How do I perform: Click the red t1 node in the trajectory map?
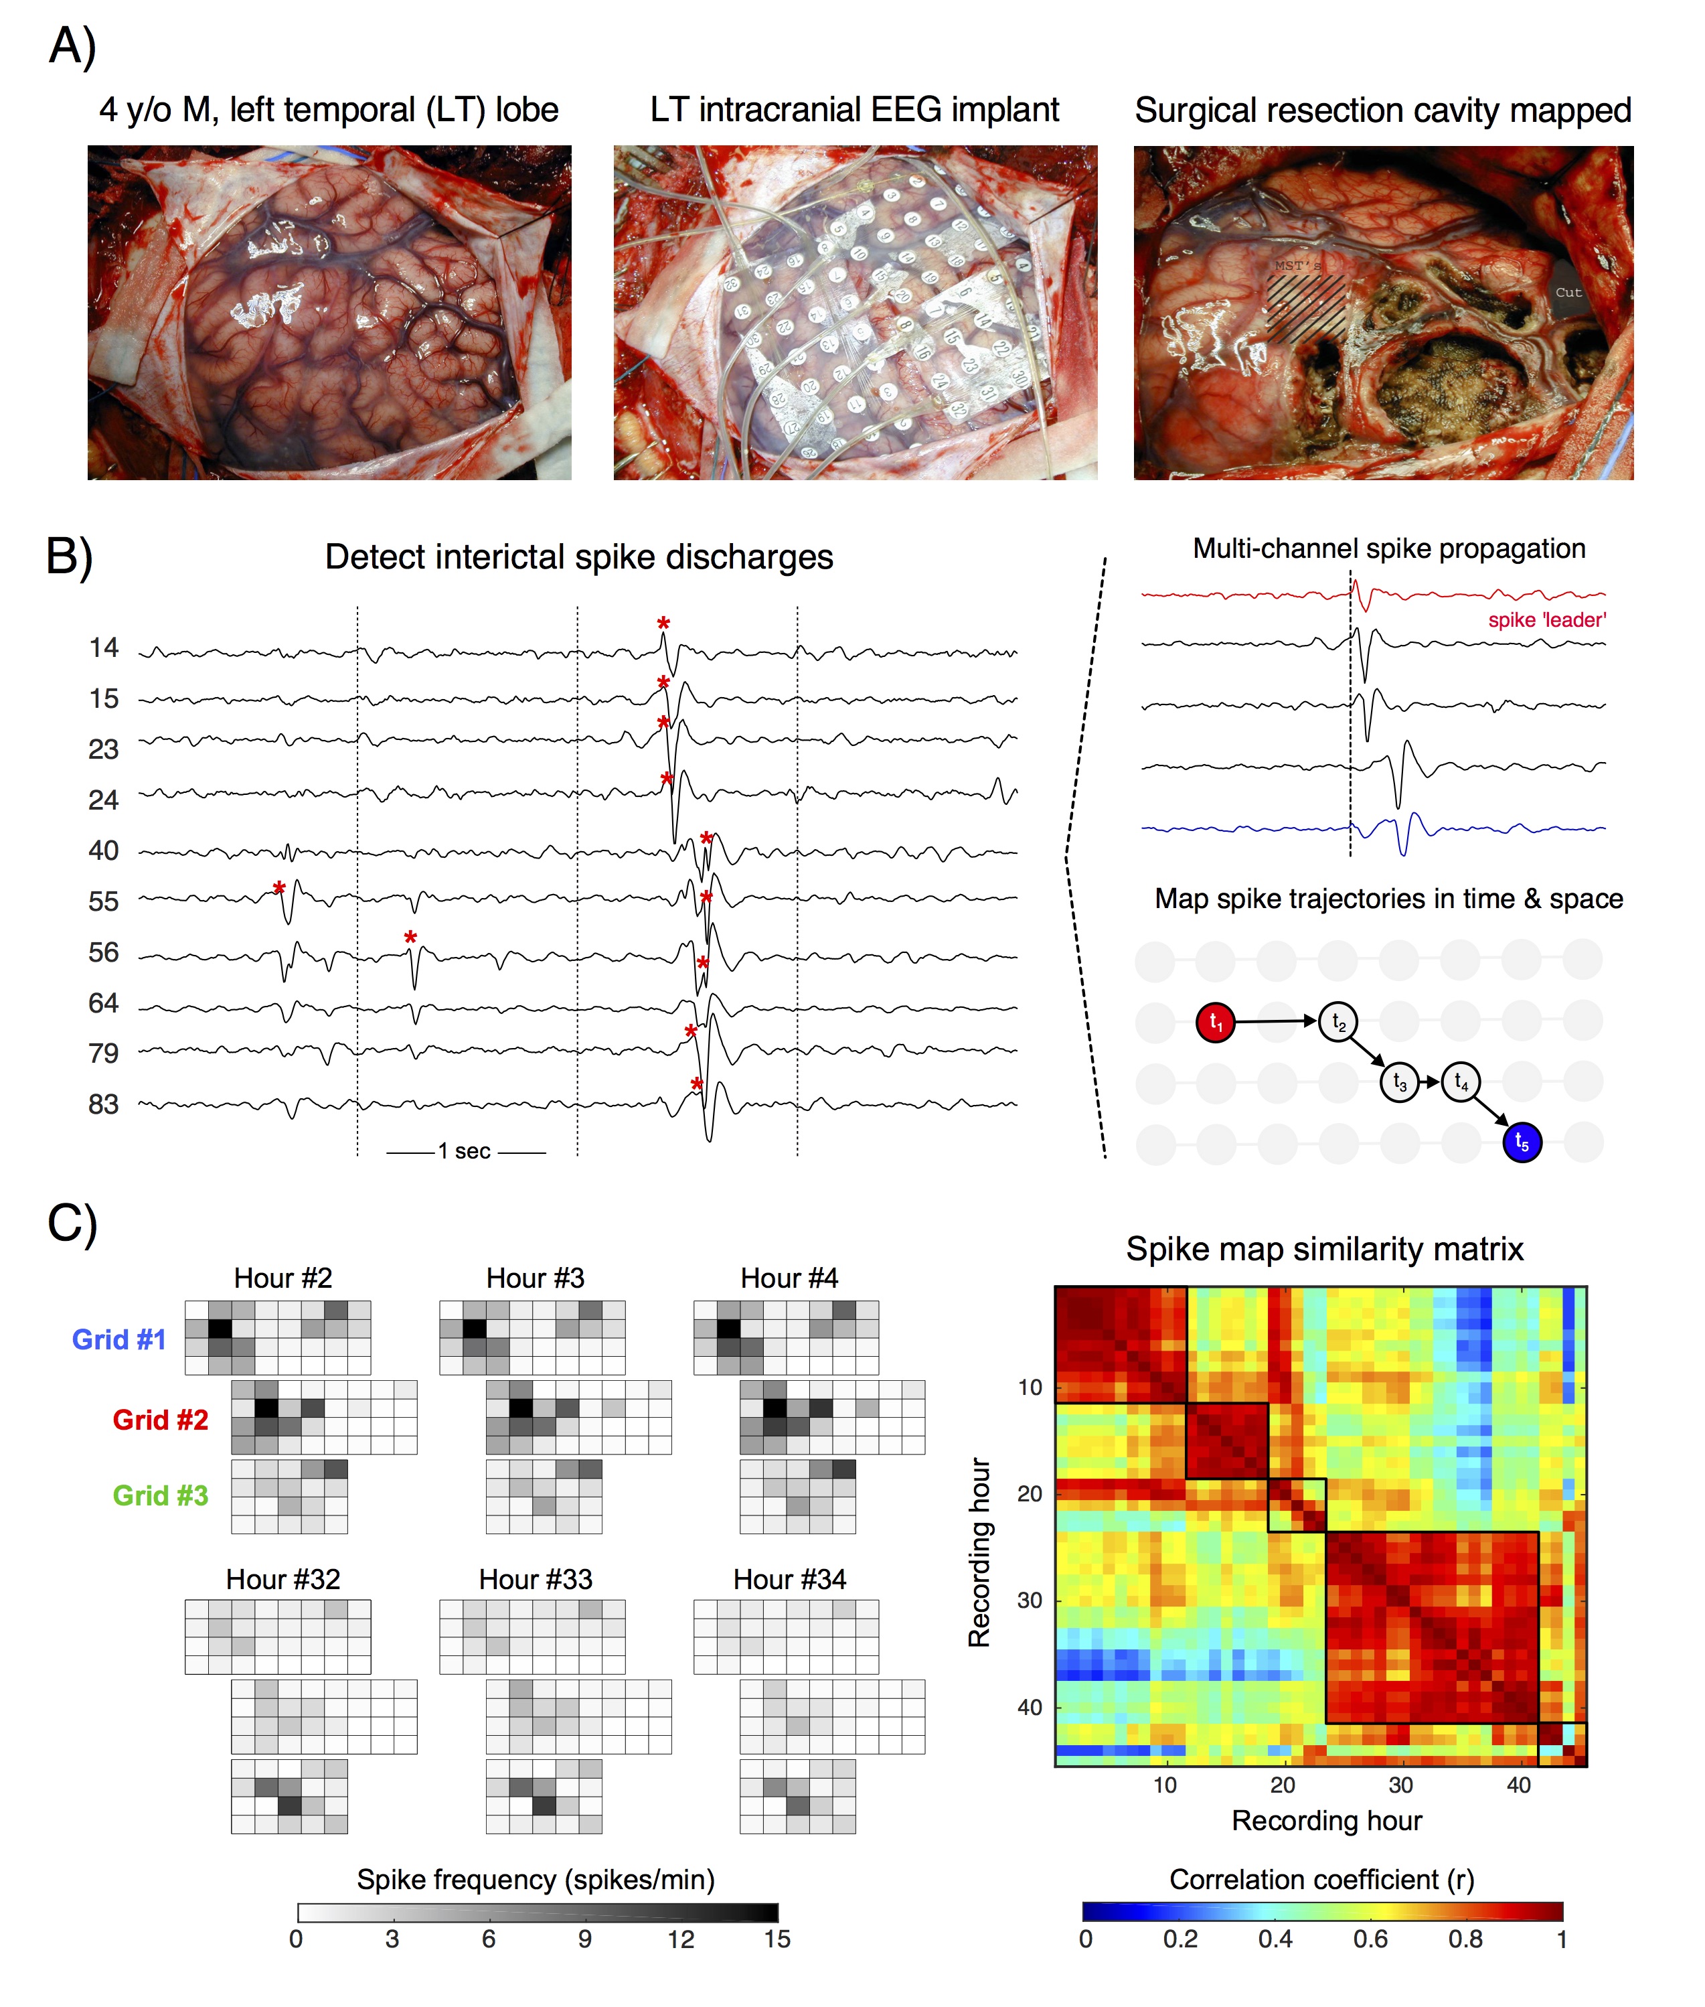pyautogui.click(x=1216, y=1022)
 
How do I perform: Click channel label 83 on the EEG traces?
pyautogui.click(x=103, y=1104)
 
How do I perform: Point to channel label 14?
pyautogui.click(x=103, y=647)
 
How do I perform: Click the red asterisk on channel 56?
pyautogui.click(x=411, y=938)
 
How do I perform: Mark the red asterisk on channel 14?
pyautogui.click(x=663, y=623)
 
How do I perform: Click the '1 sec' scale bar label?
pyautogui.click(x=465, y=1151)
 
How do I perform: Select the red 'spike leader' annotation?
pyautogui.click(x=1546, y=619)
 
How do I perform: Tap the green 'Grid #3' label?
pyautogui.click(x=161, y=1495)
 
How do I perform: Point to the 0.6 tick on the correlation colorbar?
pyautogui.click(x=1370, y=1939)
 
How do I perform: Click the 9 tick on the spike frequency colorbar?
pyautogui.click(x=585, y=1939)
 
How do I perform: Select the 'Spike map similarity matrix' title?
pyautogui.click(x=1324, y=1249)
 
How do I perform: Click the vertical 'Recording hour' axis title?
pyautogui.click(x=979, y=1552)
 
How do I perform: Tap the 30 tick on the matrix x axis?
pyautogui.click(x=1400, y=1785)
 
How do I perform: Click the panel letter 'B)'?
pyautogui.click(x=70, y=557)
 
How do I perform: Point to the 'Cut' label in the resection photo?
pyautogui.click(x=1568, y=292)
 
